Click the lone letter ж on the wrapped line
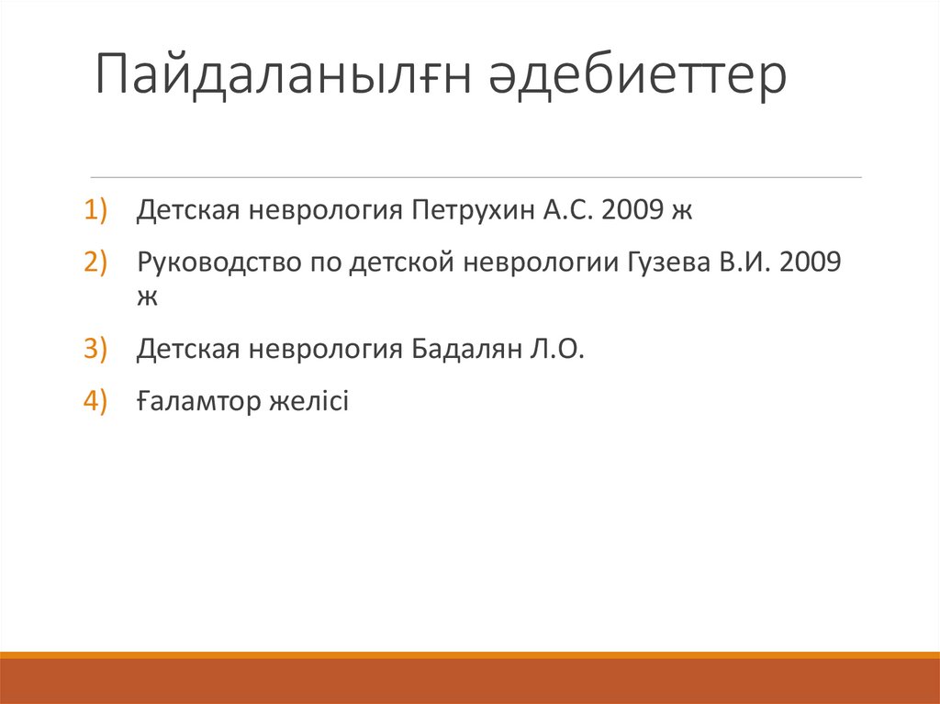148,296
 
